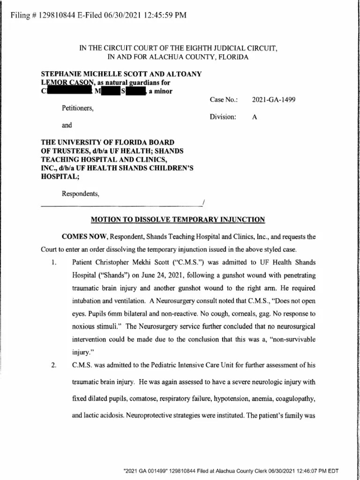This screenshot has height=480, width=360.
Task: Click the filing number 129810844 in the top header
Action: point(54,15)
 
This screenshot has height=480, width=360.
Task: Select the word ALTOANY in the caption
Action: point(185,74)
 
